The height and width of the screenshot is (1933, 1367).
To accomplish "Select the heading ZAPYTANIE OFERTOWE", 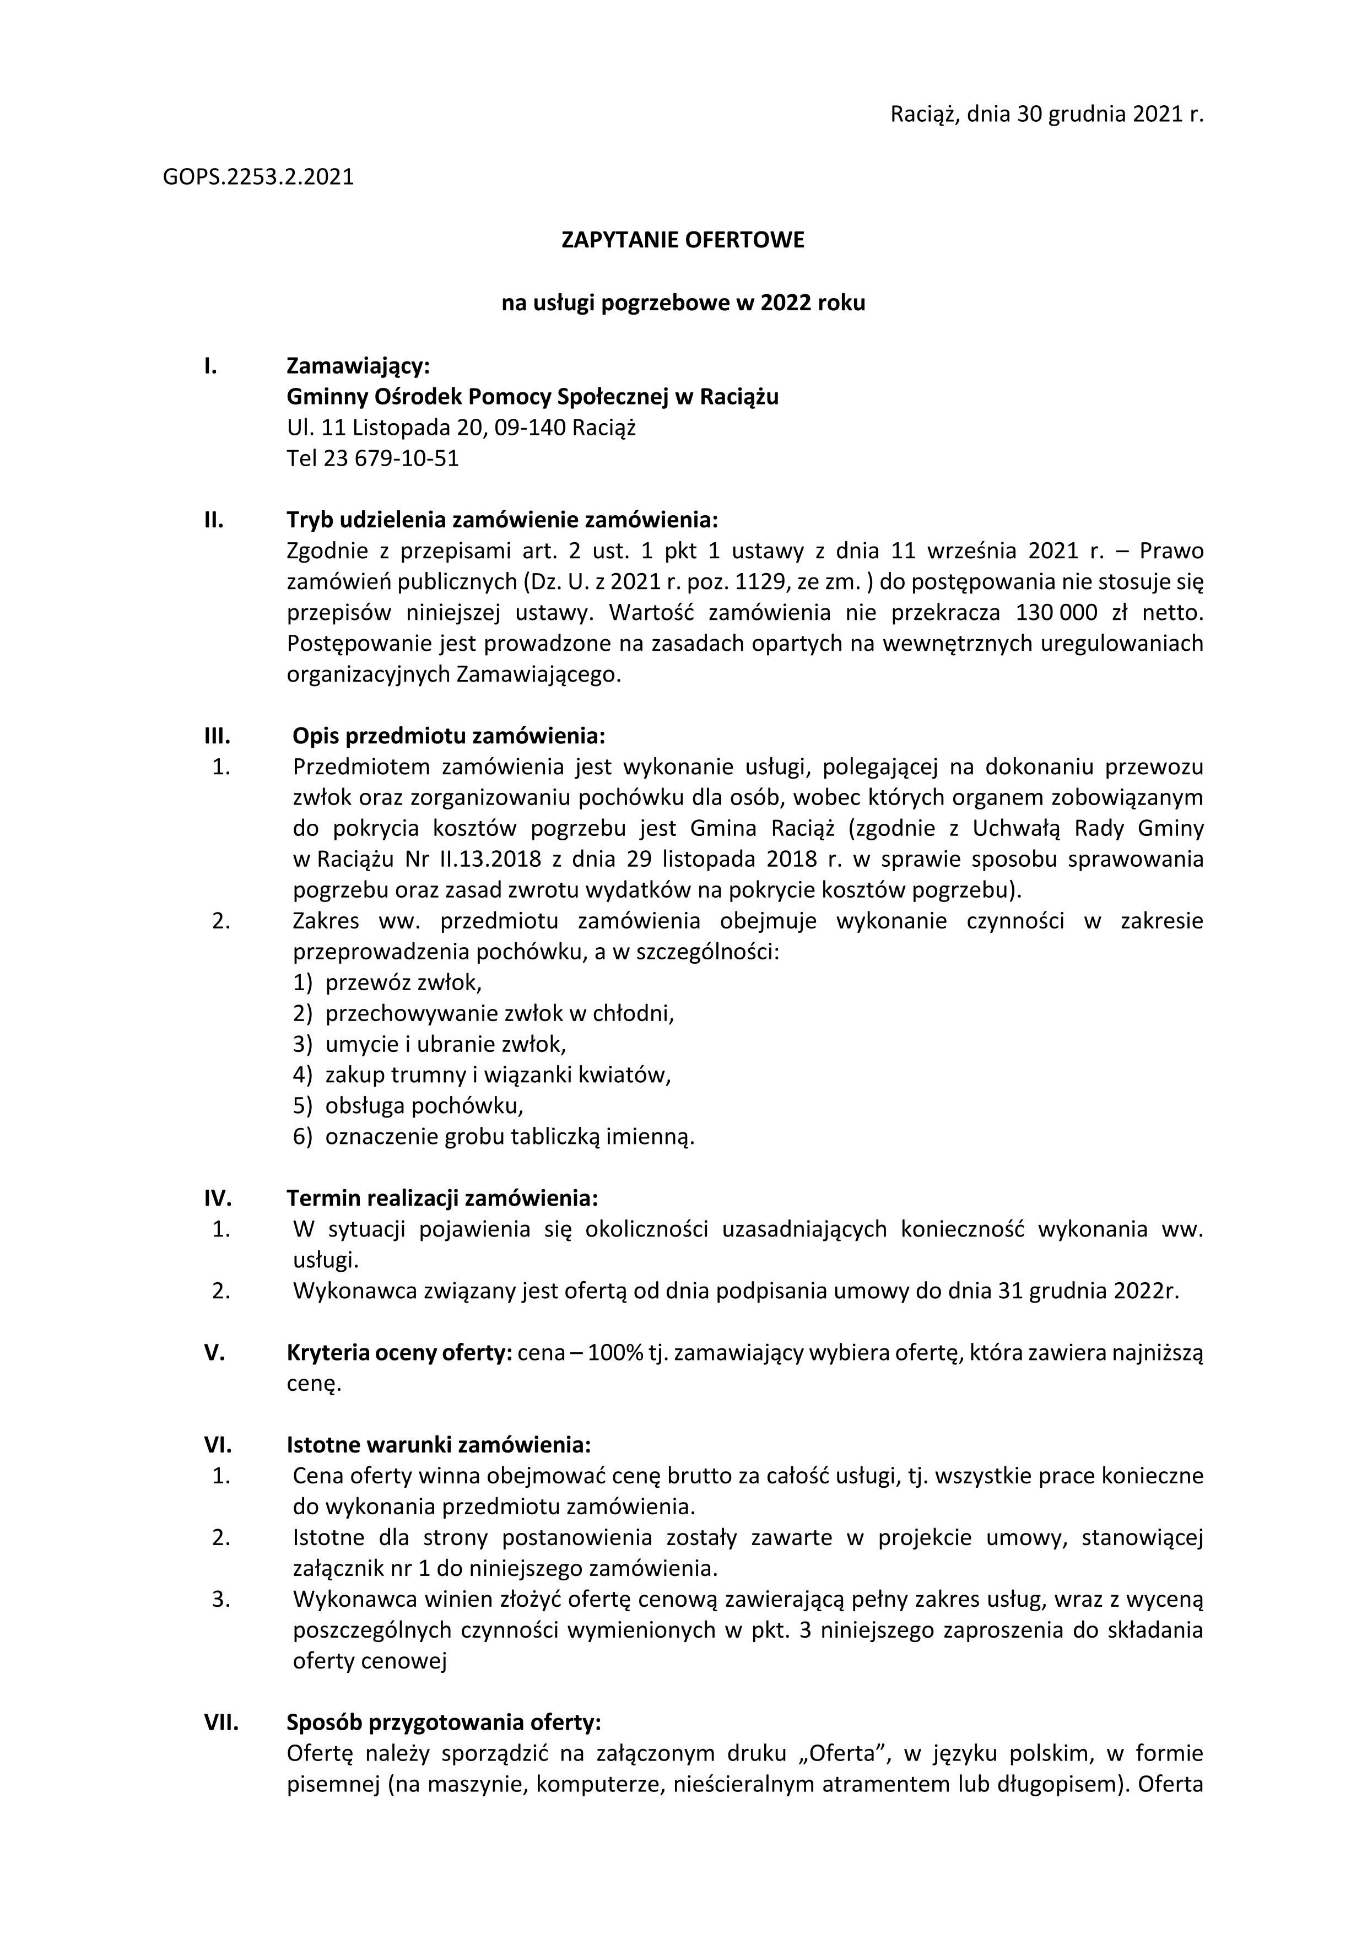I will point(683,241).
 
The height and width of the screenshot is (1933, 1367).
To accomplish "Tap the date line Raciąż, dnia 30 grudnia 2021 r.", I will point(1047,115).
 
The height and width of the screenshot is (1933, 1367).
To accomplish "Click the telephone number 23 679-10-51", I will point(391,459).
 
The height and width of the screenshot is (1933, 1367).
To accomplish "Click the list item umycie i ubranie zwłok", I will point(445,1045).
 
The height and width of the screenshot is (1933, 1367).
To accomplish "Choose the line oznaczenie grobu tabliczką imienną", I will point(509,1137).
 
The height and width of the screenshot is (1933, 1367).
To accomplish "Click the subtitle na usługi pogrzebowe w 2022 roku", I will point(683,303).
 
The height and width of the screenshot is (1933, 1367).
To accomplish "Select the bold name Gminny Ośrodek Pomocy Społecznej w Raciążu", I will point(532,397).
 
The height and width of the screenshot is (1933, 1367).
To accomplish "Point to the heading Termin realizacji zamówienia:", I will point(442,1198).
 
